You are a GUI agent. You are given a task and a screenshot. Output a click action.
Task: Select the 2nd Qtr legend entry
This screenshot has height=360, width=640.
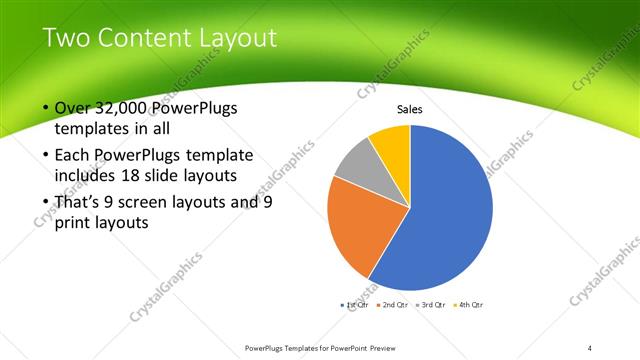(x=391, y=304)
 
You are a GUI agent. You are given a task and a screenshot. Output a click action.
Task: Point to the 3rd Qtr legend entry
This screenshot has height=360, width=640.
(x=430, y=304)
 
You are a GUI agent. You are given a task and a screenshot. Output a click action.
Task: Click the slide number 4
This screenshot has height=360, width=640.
(x=590, y=348)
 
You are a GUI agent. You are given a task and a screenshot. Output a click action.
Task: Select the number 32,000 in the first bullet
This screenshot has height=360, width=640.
(x=127, y=109)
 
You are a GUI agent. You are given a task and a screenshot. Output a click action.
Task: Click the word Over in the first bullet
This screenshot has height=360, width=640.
(x=76, y=109)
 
